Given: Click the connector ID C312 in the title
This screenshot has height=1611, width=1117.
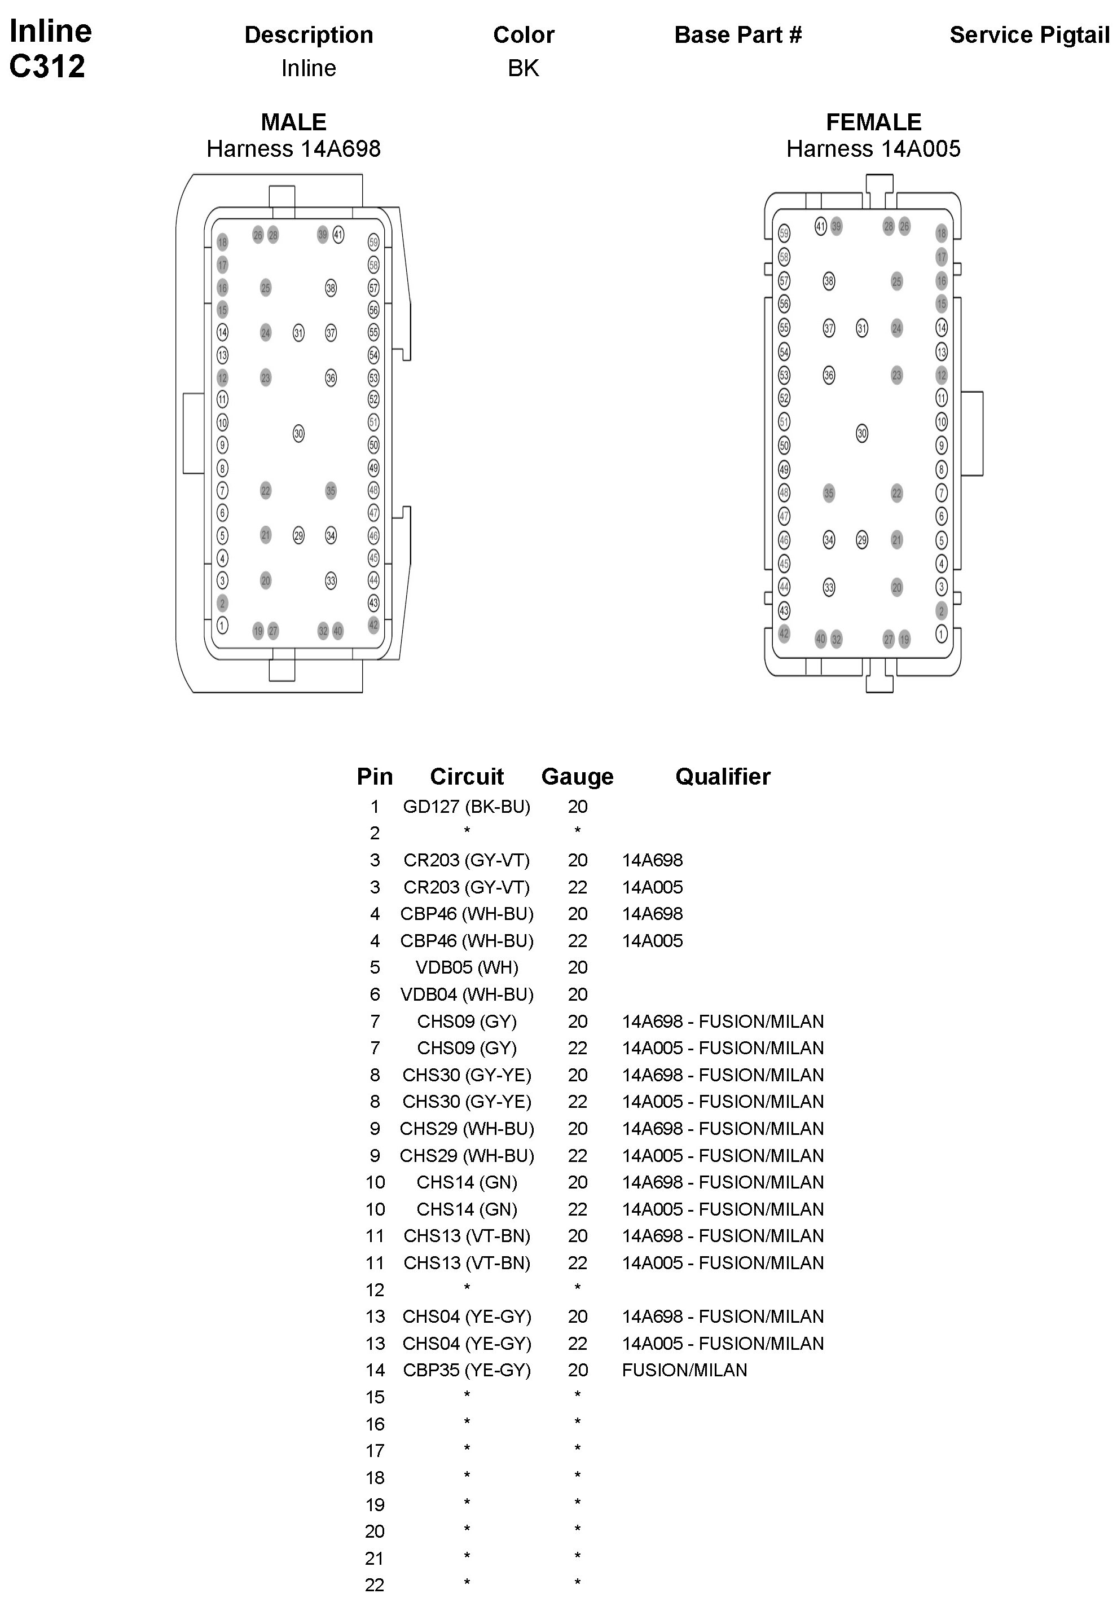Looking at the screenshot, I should point(47,67).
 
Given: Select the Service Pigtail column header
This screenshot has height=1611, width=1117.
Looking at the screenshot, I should point(1029,35).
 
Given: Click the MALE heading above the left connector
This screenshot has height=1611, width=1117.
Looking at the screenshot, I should point(293,122).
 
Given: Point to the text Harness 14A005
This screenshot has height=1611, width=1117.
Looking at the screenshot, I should point(873,149).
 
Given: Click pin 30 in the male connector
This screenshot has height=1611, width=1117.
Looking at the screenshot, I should point(299,434).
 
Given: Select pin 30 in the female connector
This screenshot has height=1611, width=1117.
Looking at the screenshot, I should point(861,434).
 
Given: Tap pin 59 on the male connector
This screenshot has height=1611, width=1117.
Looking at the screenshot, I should point(373,242).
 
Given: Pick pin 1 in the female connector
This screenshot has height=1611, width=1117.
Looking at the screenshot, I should point(942,634).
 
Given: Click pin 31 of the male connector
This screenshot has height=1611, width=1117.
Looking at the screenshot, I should point(299,333).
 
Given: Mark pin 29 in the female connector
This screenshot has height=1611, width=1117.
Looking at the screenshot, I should point(861,540).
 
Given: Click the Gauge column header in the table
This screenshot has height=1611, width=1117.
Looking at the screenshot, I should point(577,776).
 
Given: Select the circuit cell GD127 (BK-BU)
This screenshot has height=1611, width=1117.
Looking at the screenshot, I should point(466,807).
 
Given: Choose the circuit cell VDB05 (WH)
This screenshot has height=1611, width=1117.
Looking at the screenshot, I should point(466,968).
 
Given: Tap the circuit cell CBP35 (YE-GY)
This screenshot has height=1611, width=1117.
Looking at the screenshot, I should point(466,1370).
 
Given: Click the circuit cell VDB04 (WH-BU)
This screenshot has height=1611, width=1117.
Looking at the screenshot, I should point(466,994).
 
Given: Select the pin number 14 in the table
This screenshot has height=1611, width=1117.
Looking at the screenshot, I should point(375,1370).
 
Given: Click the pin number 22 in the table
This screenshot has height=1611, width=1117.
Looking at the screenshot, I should point(375,1585).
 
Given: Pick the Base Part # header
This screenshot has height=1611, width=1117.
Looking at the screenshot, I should point(738,35).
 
